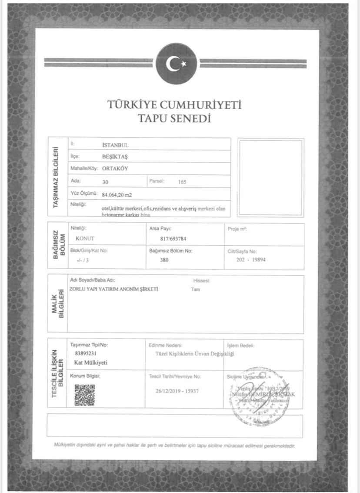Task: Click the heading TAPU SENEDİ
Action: coord(174,118)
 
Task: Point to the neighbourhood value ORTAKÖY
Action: coord(116,168)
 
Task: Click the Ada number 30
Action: coord(105,182)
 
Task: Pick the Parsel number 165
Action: coord(182,182)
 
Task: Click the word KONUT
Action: coord(85,239)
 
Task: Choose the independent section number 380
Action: coord(163,260)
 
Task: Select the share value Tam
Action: coord(196,290)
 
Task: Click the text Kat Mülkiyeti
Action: coord(91,363)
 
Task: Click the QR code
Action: coord(84,395)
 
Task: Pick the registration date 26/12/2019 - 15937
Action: coord(177,391)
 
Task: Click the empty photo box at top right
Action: coord(270,177)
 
